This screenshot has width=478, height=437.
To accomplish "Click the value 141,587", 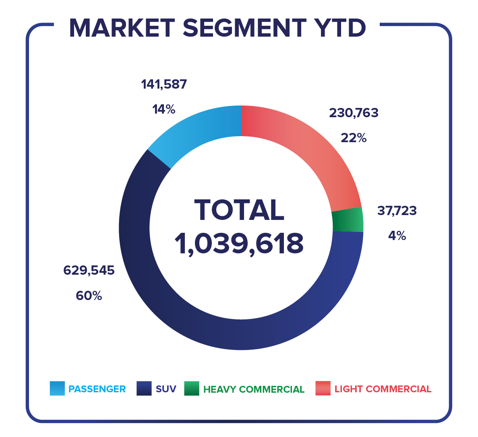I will (164, 84).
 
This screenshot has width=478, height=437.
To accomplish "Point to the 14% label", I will (163, 109).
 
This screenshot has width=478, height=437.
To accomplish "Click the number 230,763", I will (354, 113).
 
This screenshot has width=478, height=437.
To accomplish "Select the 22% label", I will (354, 138).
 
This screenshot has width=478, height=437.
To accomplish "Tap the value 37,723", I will (397, 210).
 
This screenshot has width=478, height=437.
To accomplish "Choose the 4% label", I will (397, 236).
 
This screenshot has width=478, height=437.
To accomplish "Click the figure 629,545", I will (89, 270).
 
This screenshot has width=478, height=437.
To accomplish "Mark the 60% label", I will (89, 296).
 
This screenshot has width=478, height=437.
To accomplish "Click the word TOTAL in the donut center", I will (239, 210).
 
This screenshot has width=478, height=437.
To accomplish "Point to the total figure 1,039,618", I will (239, 244).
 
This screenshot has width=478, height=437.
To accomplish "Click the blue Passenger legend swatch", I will (57, 389).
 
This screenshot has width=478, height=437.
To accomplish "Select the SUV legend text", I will (166, 389).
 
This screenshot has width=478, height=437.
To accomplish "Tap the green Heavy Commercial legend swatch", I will (192, 389).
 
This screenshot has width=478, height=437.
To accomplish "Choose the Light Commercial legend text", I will (383, 389).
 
